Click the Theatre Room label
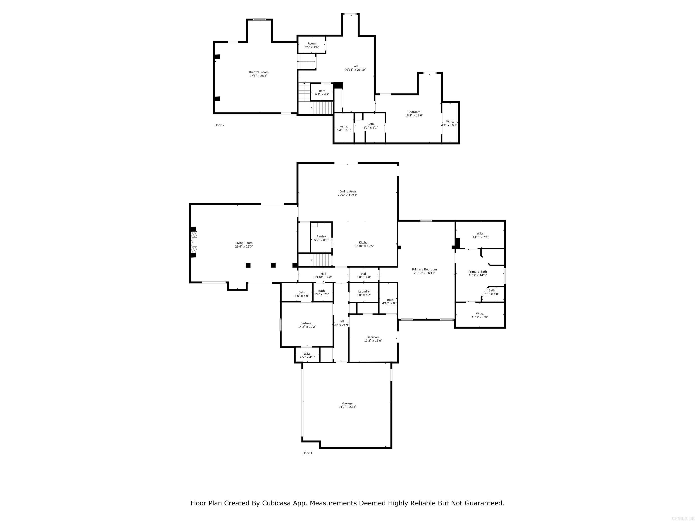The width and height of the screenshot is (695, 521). [x=258, y=72]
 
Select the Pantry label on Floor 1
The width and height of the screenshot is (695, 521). [x=321, y=237]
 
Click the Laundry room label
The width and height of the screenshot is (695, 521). [x=364, y=291]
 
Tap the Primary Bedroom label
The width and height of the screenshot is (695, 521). [x=424, y=270]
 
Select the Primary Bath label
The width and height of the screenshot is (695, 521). [x=477, y=272]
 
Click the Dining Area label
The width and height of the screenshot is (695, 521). [x=347, y=192]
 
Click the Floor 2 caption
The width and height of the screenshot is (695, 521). [x=219, y=125]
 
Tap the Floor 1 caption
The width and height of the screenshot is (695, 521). [x=307, y=453]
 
